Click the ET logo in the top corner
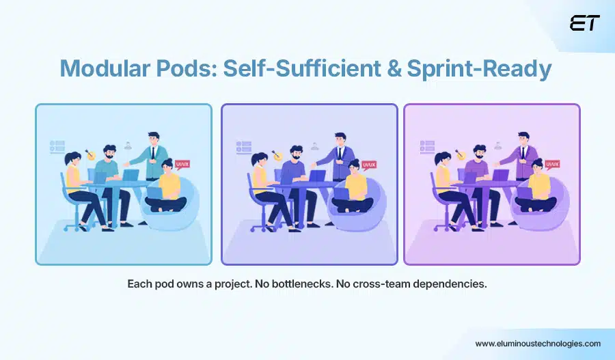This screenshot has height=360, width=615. [x=584, y=23]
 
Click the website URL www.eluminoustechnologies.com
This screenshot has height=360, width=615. [x=538, y=344]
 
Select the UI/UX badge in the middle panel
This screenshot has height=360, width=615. [x=369, y=164]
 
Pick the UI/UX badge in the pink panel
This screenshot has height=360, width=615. [x=553, y=164]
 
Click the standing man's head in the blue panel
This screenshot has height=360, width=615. [x=154, y=138]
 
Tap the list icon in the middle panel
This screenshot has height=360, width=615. [x=243, y=146]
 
